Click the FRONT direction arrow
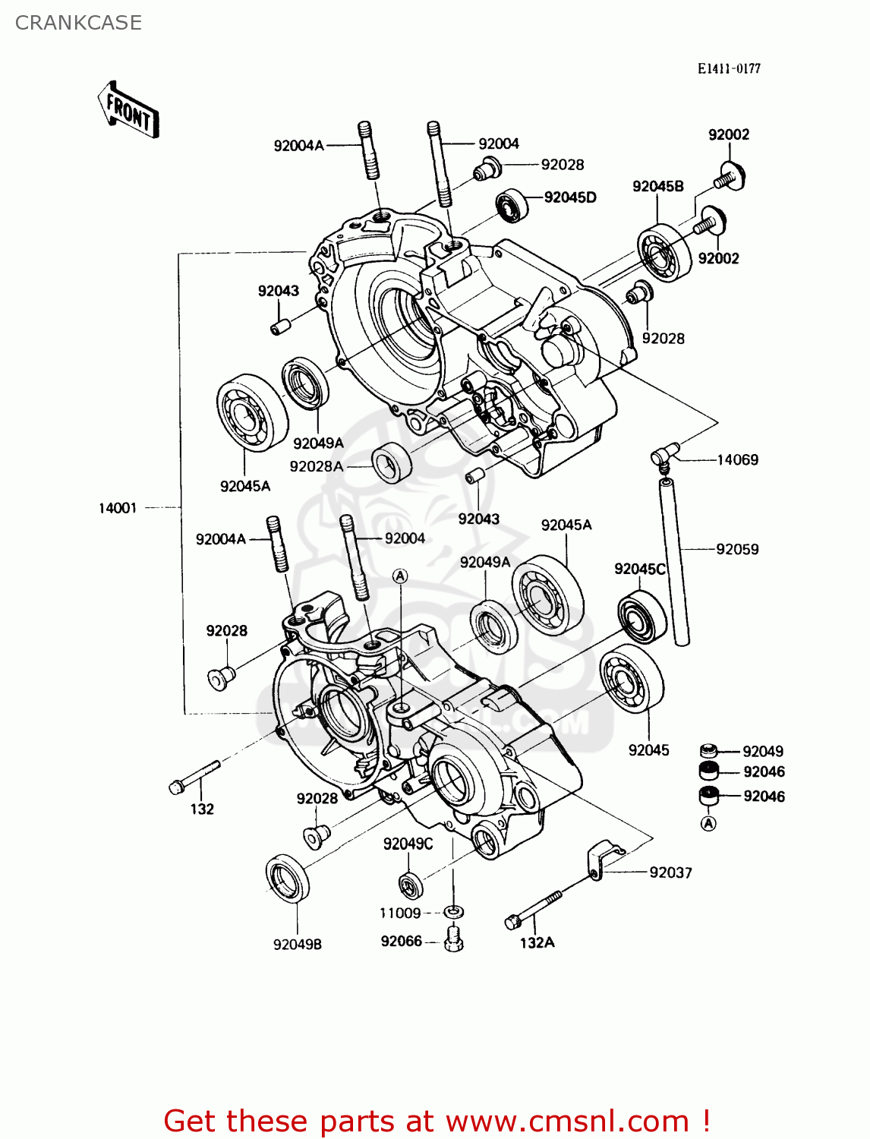coord(128,111)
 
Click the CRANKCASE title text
coord(78,23)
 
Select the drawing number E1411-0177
coord(729,68)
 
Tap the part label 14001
coord(118,508)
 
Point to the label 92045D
coord(570,197)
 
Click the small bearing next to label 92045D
coord(512,205)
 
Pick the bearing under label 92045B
coord(664,253)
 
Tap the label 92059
coord(737,549)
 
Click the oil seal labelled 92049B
coord(288,878)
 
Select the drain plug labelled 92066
coord(454,939)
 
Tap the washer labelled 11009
coord(454,911)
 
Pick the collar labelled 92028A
coord(392,462)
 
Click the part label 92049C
coord(408,844)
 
